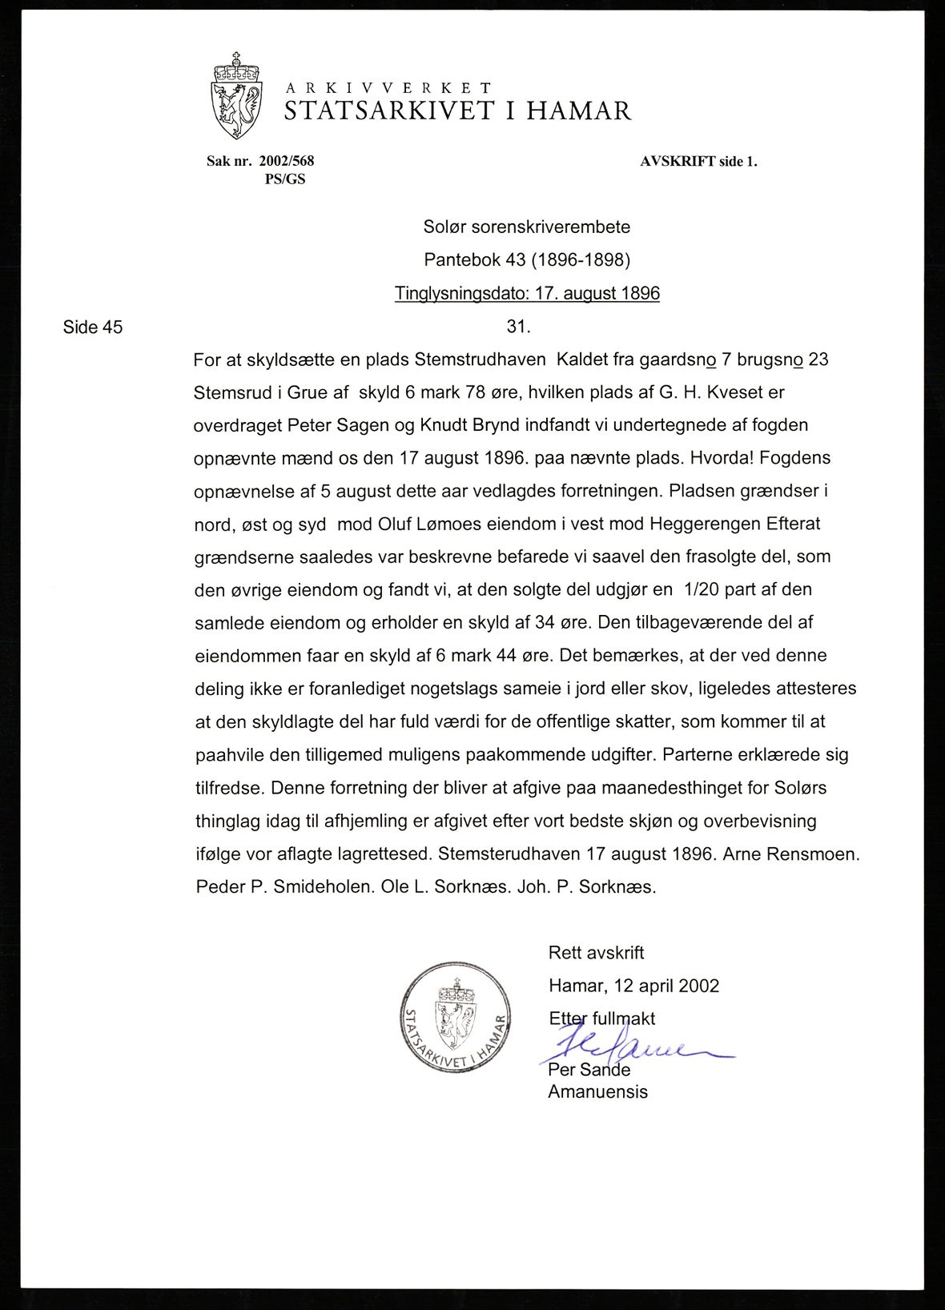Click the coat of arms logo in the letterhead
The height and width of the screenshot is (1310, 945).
(x=236, y=96)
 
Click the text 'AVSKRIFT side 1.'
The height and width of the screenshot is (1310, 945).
(x=698, y=161)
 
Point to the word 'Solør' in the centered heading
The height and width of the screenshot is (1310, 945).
(x=444, y=227)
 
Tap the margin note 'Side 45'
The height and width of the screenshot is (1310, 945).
(x=93, y=327)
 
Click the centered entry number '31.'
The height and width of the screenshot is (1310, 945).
(x=519, y=327)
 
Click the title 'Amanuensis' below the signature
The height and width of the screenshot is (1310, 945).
(x=597, y=1091)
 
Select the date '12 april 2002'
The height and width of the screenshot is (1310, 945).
(x=669, y=986)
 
